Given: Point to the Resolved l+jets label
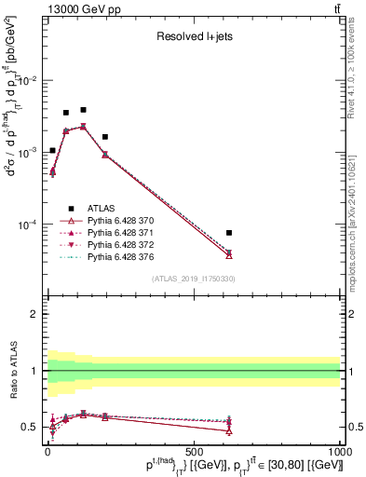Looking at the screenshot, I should pyautogui.click(x=192, y=38).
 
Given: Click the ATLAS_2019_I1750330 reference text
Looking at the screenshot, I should pyautogui.click(x=193, y=279).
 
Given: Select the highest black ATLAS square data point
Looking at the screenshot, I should pyautogui.click(x=83, y=110).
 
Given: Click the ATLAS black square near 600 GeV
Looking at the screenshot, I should pyautogui.click(x=229, y=233).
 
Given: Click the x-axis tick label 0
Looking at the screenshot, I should pyautogui.click(x=47, y=450).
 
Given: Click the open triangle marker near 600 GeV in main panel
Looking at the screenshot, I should pyautogui.click(x=229, y=254).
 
